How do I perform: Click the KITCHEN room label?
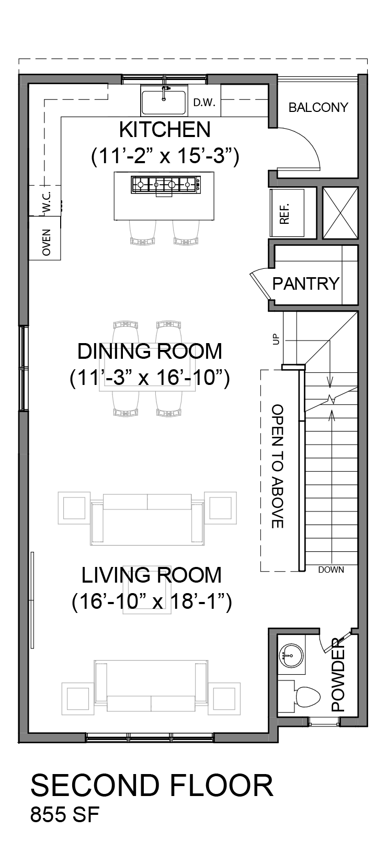tap(165, 129)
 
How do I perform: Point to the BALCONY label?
tap(318, 108)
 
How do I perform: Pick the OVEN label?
tap(47, 242)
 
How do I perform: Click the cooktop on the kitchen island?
tap(165, 184)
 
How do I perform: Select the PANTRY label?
tap(306, 283)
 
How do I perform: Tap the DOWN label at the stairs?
tap(331, 570)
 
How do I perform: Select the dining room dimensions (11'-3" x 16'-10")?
tap(150, 378)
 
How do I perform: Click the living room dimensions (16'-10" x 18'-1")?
tap(152, 601)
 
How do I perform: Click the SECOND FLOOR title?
tap(152, 786)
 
